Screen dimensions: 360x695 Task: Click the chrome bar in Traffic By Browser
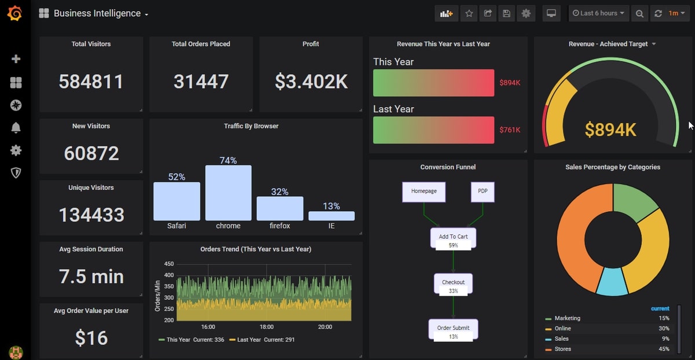coord(228,193)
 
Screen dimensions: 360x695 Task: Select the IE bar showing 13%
coord(331,216)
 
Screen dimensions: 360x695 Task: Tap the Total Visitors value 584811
coord(91,82)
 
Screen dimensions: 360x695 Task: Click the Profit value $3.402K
coord(311,82)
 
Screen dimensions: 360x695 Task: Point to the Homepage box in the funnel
coord(424,192)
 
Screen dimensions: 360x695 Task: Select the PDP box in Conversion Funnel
coord(482,192)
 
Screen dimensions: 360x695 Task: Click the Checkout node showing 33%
coord(453,283)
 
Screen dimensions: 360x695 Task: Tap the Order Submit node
coord(453,329)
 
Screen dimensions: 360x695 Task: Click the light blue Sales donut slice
coord(612,281)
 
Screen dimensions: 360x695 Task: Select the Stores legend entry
coord(562,349)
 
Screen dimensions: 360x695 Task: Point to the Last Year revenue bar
coord(433,130)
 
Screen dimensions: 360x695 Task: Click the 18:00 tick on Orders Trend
coord(266,327)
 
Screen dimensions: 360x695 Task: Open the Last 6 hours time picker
coord(599,13)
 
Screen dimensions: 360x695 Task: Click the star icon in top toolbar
coord(469,13)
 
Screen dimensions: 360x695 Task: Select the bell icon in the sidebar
coord(16,128)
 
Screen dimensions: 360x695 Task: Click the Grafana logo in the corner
coord(15,13)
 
